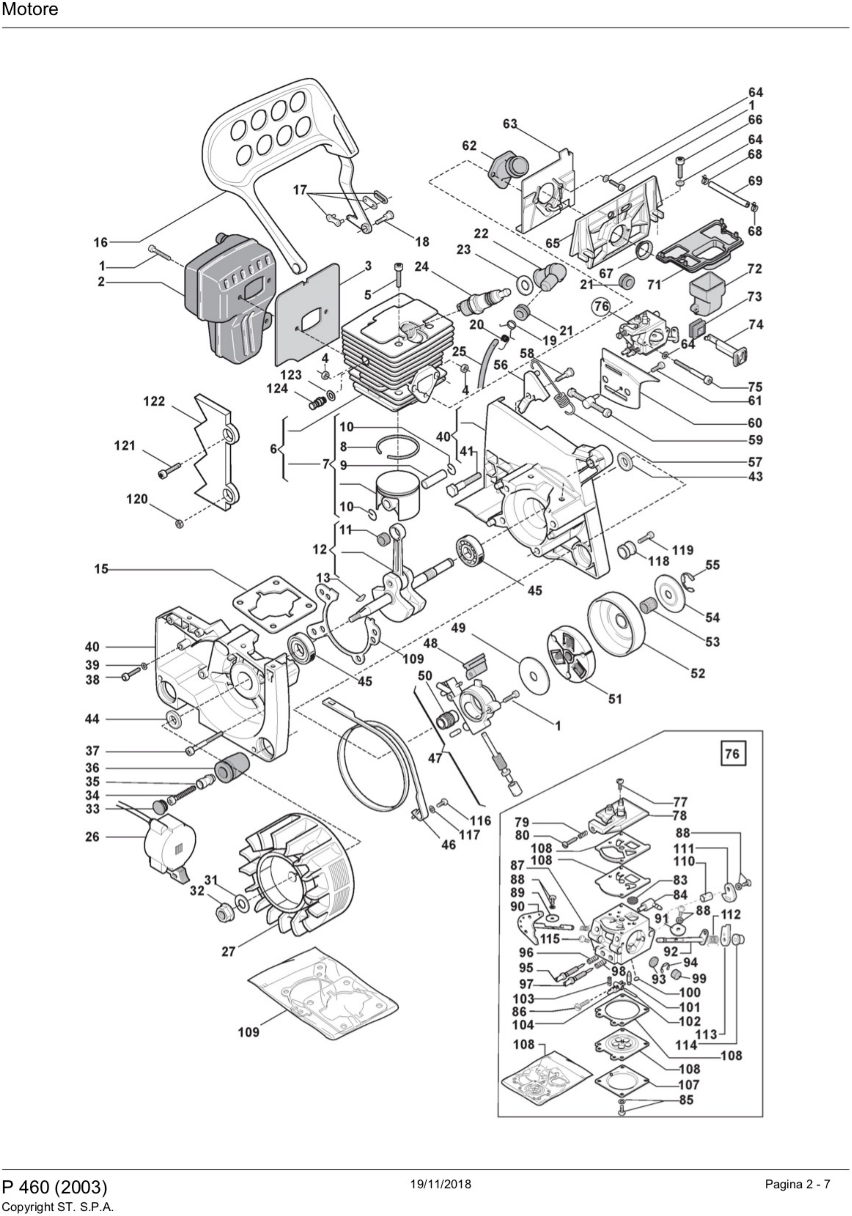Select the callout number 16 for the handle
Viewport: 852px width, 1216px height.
100,243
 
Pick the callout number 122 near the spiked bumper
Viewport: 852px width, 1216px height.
154,401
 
